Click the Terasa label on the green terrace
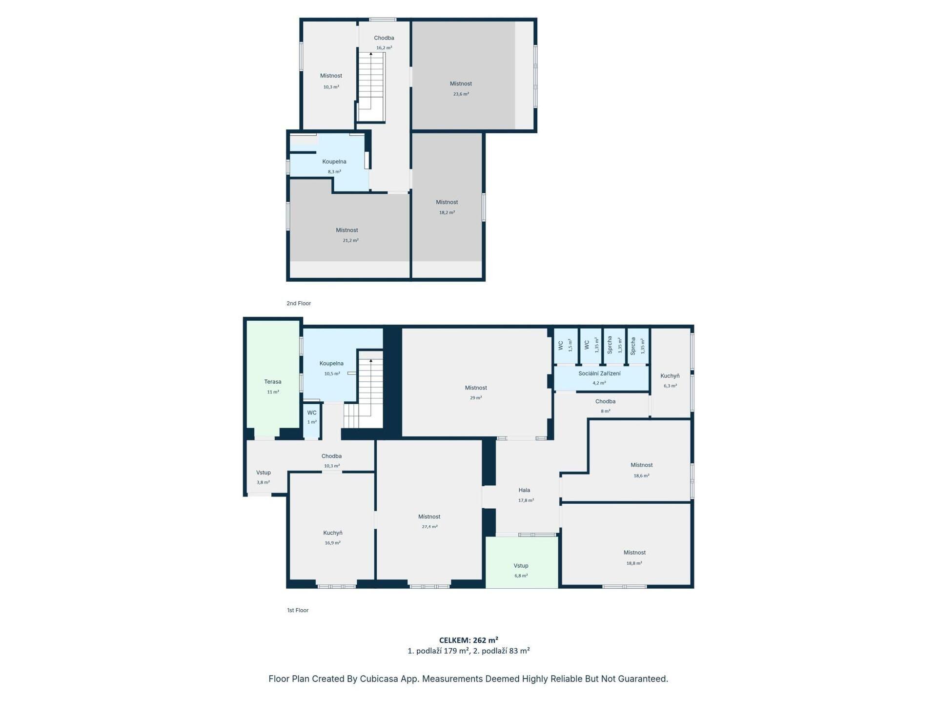[x=273, y=382]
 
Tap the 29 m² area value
[x=476, y=398]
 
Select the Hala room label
[x=524, y=490]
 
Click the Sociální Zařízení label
[x=599, y=373]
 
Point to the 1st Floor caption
[x=298, y=610]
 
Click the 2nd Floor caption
[x=299, y=303]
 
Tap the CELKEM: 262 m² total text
[x=468, y=640]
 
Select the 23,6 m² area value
[x=461, y=94]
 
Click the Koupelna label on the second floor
[x=334, y=162]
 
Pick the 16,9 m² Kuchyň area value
[x=333, y=543]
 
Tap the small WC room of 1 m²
[x=311, y=420]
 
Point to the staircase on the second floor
[x=371, y=87]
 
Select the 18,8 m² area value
[x=634, y=563]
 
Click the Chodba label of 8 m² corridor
[x=605, y=401]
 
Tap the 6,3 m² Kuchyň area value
[x=670, y=386]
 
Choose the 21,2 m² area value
[x=350, y=241]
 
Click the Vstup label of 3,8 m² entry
[x=264, y=473]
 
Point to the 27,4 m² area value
[x=429, y=527]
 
